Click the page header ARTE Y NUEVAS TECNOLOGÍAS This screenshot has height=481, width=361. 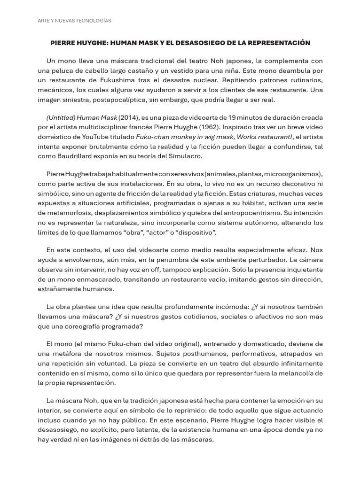74,21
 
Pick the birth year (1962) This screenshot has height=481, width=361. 211,127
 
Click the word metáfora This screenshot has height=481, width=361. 77,354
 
